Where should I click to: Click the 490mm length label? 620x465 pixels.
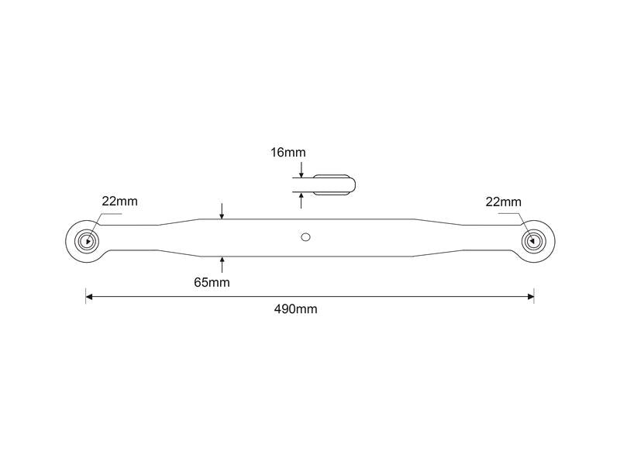(296, 308)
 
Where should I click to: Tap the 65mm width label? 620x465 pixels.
(212, 282)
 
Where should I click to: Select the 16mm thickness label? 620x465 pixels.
(288, 152)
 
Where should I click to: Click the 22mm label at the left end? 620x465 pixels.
(120, 201)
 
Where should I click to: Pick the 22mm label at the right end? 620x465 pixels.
(503, 201)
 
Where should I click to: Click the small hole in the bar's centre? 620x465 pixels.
(305, 237)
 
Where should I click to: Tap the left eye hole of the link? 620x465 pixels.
(87, 241)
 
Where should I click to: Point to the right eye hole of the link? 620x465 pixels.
(533, 241)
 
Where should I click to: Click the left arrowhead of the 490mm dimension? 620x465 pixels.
(89, 297)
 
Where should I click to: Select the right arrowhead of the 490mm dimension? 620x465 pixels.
(531, 297)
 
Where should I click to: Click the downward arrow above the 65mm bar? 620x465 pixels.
(222, 211)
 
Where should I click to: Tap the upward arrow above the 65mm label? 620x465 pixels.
(222, 264)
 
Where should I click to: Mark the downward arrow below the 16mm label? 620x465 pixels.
(301, 170)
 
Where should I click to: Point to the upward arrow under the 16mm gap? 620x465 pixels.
(301, 201)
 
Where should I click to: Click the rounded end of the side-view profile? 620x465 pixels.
(353, 185)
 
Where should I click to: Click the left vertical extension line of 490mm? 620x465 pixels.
(86, 296)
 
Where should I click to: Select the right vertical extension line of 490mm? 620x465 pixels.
(534, 296)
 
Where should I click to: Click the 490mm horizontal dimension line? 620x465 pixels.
(310, 297)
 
